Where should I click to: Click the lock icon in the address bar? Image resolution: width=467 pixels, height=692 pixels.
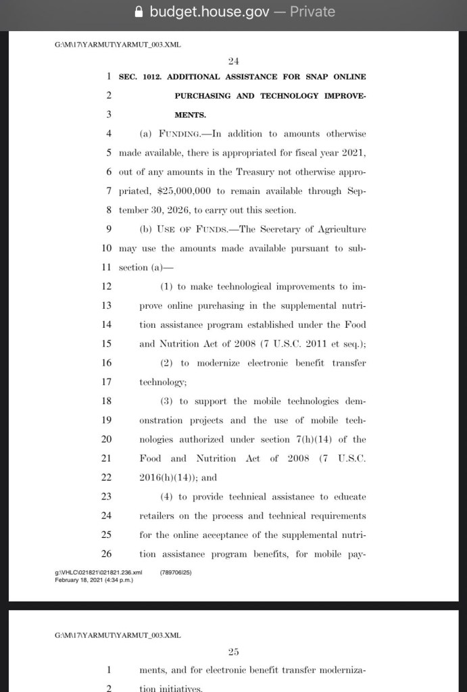[140, 11]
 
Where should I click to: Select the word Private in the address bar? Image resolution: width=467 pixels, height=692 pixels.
[312, 11]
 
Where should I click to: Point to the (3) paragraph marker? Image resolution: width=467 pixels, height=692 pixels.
[166, 401]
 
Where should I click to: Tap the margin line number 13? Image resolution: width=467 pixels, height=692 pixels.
[106, 305]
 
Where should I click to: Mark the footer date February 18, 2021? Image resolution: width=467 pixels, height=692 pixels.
[76, 578]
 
